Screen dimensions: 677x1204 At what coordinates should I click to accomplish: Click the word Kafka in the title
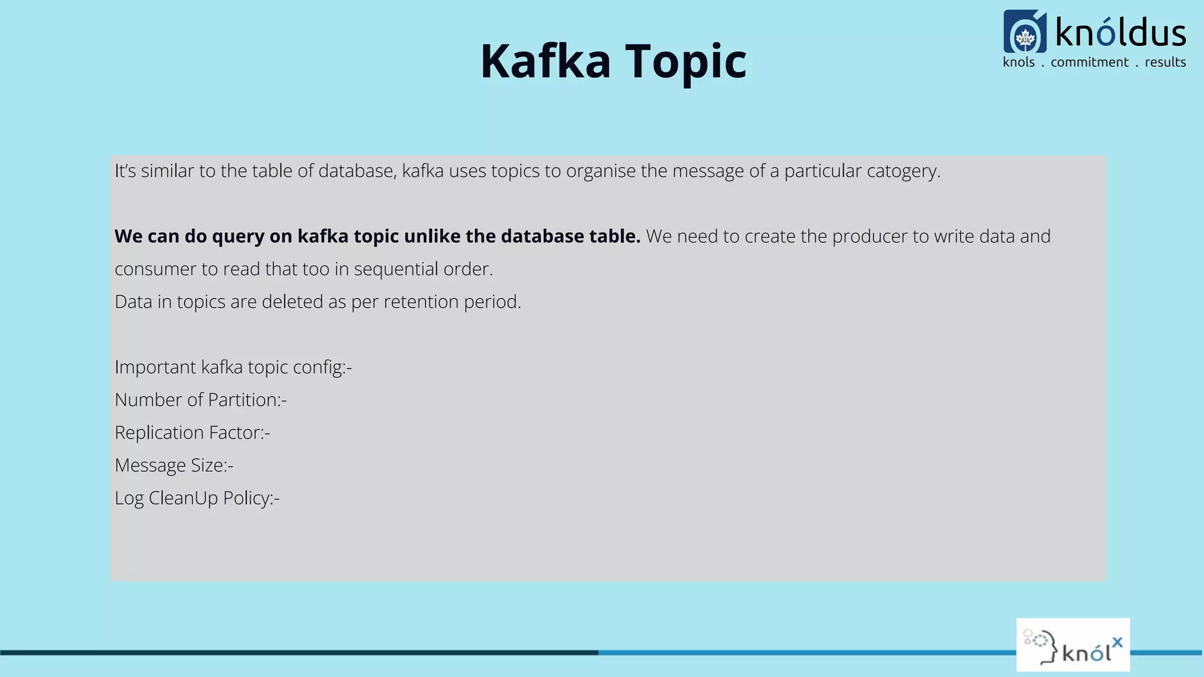click(545, 61)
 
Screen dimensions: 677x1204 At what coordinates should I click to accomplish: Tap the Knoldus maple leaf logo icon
click(1025, 33)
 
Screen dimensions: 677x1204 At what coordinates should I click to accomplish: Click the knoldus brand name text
click(1121, 33)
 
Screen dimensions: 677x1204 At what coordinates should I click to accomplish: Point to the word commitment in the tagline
click(1089, 62)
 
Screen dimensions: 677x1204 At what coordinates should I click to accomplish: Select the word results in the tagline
click(1165, 62)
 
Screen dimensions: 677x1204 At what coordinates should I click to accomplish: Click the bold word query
click(238, 236)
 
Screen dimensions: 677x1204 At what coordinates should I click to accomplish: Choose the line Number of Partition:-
click(200, 400)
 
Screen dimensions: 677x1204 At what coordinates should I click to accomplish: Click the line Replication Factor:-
click(192, 433)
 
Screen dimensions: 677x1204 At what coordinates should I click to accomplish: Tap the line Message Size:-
click(174, 465)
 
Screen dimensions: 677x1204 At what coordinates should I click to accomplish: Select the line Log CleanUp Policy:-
click(197, 498)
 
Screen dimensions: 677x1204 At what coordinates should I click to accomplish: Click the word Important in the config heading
click(155, 367)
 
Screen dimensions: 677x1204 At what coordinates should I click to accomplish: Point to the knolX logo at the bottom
click(1073, 645)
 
